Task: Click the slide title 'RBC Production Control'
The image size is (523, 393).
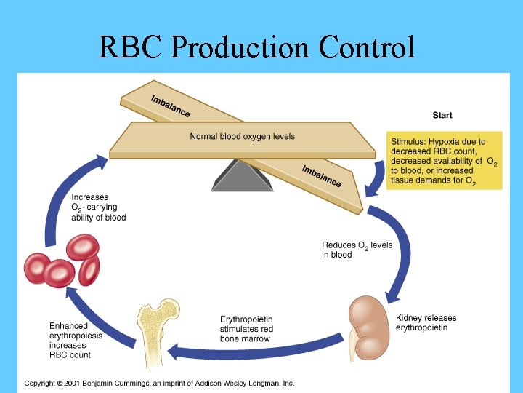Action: pyautogui.click(x=256, y=48)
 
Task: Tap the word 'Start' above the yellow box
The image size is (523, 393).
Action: pyautogui.click(x=442, y=116)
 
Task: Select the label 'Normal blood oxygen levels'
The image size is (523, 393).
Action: pyautogui.click(x=242, y=137)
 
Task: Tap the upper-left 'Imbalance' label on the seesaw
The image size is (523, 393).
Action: pyautogui.click(x=170, y=106)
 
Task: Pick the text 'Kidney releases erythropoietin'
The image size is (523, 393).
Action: pyautogui.click(x=426, y=323)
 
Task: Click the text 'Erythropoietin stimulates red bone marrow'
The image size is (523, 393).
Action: pyautogui.click(x=246, y=329)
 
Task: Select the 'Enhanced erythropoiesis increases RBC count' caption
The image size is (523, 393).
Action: pyautogui.click(x=76, y=340)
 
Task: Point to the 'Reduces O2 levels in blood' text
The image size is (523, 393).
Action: pyautogui.click(x=357, y=250)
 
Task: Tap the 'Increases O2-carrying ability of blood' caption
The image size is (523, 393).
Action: pyautogui.click(x=98, y=207)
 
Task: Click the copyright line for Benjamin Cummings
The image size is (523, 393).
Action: pyautogui.click(x=159, y=383)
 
